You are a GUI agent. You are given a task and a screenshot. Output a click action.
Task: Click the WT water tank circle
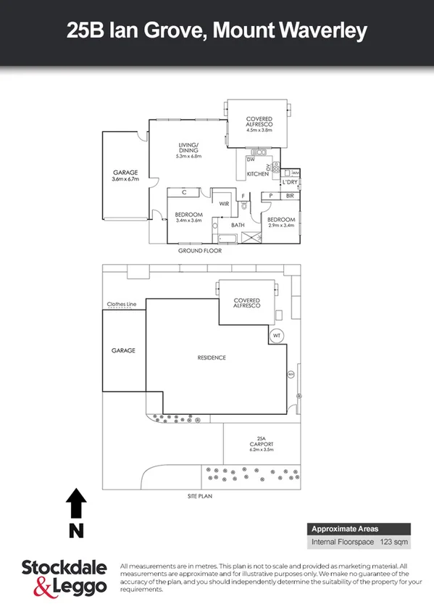pos(276,336)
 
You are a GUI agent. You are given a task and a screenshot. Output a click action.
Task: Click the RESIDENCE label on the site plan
pos(212,358)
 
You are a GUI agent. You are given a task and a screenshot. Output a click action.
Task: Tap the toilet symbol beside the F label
pos(246,206)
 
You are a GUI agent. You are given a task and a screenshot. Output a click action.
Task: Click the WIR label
pos(225,205)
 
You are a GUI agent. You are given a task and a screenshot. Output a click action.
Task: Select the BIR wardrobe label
pos(290,196)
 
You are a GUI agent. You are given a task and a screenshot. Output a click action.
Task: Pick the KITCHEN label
pos(257,174)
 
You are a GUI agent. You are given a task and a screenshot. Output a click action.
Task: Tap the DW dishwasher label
pos(251,160)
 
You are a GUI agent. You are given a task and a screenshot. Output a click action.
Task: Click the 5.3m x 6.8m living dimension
pos(189,156)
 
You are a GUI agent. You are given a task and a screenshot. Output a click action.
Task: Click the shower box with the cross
pos(251,237)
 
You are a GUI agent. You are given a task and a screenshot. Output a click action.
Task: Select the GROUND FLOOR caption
pos(200,250)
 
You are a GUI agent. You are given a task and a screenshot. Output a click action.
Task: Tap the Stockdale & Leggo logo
pos(64,578)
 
